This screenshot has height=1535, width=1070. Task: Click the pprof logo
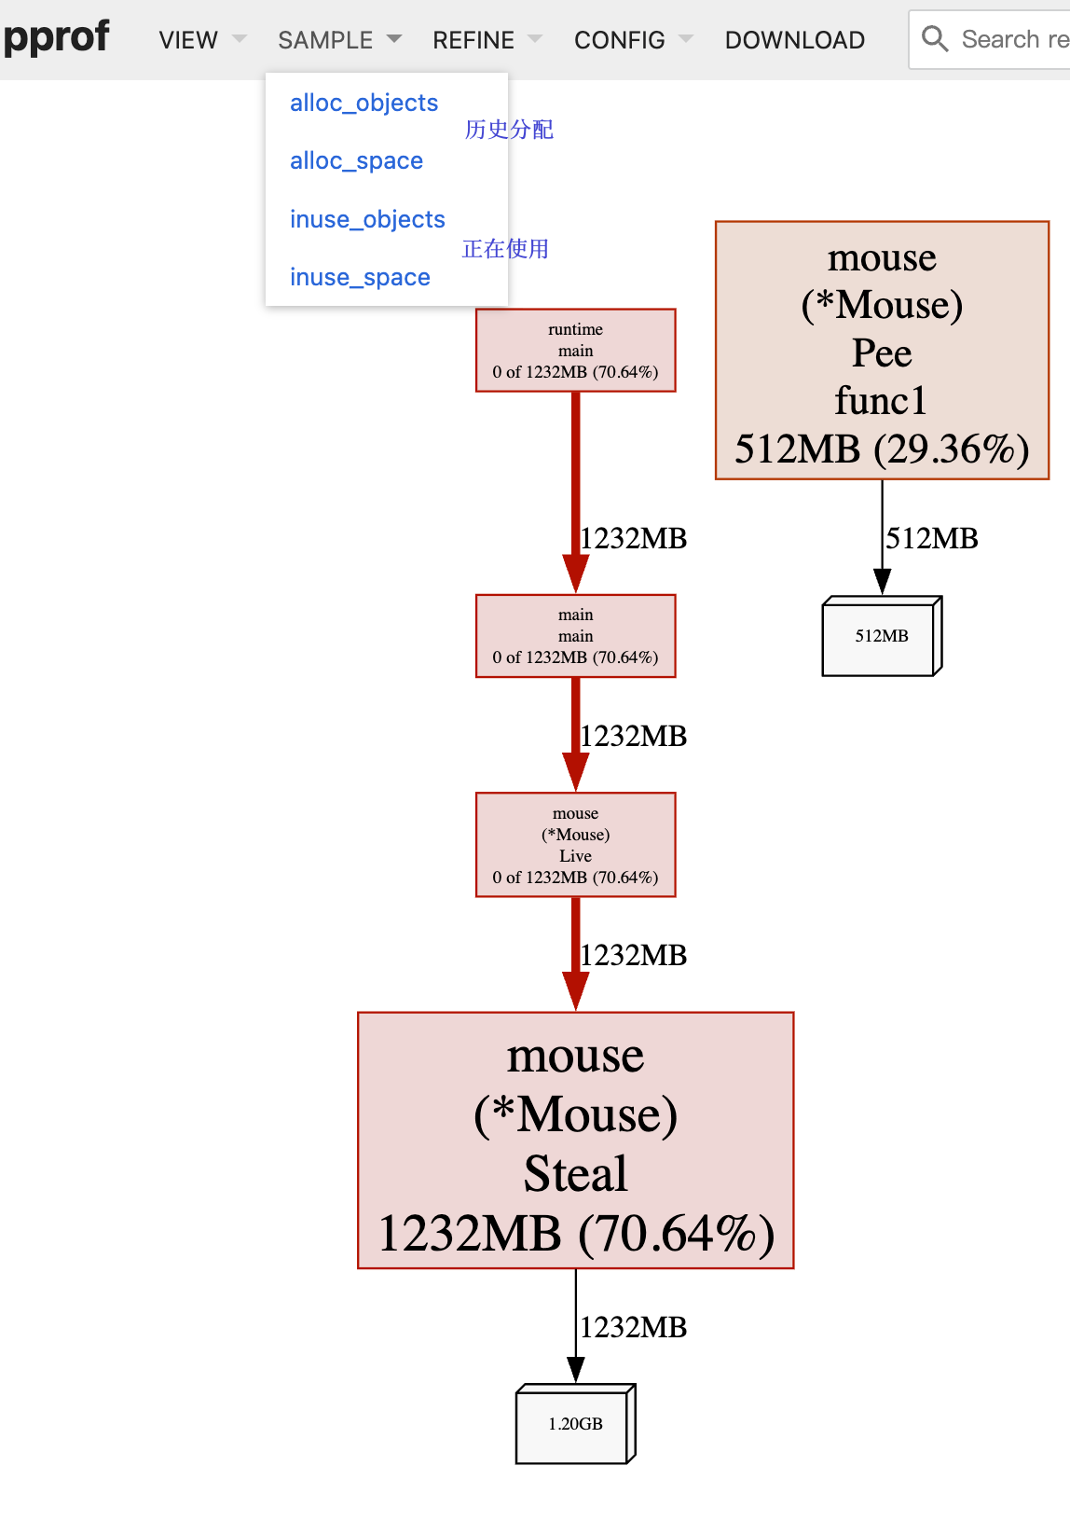[56, 38]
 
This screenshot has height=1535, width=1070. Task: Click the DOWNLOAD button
[794, 40]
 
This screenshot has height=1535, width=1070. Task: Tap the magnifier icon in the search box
[934, 39]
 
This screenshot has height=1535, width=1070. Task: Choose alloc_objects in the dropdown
[364, 103]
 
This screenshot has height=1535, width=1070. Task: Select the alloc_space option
[356, 160]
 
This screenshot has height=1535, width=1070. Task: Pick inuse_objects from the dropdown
[367, 219]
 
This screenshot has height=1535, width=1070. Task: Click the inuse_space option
[360, 277]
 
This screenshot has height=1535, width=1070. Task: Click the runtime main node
[575, 351]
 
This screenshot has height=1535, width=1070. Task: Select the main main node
[575, 636]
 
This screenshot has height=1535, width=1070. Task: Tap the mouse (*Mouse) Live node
[575, 845]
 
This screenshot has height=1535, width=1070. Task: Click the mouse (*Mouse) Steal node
[575, 1141]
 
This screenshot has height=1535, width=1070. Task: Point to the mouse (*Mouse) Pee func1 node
[882, 351]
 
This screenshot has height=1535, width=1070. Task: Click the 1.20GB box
[575, 1424]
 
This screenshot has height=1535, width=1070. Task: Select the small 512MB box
[881, 636]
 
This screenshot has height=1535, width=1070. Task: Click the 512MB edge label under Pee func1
[932, 538]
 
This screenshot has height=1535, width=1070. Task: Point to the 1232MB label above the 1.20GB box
[634, 1327]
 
